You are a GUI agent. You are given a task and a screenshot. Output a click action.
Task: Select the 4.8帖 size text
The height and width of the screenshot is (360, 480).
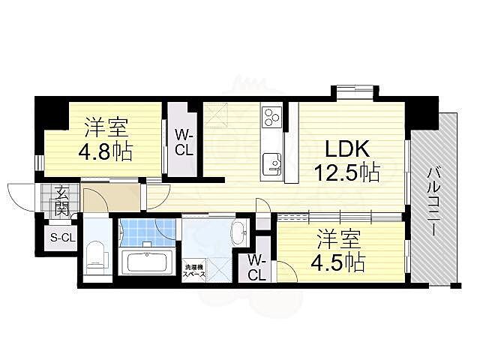tap(104, 151)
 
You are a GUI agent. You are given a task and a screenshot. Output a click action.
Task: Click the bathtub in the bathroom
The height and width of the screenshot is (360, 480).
tap(148, 262)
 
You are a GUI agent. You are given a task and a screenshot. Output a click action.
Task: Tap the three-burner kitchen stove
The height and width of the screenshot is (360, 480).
tap(271, 117)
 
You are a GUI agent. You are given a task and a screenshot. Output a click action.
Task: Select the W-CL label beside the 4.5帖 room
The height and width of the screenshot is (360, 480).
tap(256, 267)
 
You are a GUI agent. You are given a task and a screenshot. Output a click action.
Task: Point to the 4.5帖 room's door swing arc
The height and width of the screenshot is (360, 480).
tap(288, 274)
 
